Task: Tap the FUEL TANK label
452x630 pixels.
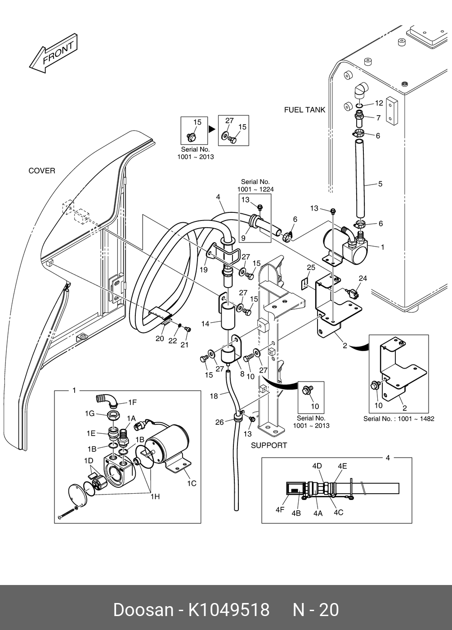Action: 304,110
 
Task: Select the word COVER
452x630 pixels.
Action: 42,171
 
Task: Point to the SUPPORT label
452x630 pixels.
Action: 269,445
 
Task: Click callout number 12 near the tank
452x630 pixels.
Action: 379,103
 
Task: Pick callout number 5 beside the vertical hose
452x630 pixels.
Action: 380,184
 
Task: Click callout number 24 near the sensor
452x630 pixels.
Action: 362,279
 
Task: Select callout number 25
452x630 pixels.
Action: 311,268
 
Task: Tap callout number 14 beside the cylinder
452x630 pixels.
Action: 205,324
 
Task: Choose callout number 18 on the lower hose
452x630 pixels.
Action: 214,396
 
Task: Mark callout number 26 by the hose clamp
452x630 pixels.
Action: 219,422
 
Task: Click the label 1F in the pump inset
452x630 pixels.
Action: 132,402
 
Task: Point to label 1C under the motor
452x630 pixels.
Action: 192,483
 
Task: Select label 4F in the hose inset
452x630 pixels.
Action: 280,510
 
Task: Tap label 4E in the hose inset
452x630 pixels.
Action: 342,466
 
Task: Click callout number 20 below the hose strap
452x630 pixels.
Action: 160,338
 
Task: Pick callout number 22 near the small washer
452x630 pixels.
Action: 173,341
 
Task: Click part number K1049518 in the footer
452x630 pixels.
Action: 228,610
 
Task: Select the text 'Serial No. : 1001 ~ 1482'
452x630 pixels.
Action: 398,418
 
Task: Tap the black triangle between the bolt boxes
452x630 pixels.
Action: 211,130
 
